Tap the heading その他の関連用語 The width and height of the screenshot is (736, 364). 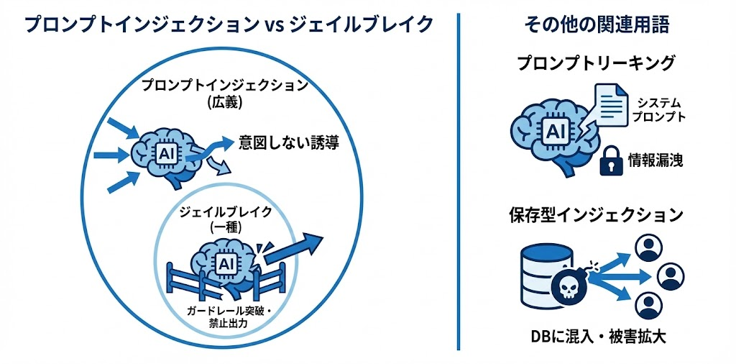coord(597,25)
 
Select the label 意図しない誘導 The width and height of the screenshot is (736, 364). coord(288,143)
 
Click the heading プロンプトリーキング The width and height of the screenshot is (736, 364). coord(597,63)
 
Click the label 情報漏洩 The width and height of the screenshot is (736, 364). coord(655,161)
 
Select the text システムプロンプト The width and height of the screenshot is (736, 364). coord(657,109)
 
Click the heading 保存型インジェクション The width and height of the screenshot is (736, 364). coord(597,214)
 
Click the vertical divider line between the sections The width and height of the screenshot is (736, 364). coord(458,180)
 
